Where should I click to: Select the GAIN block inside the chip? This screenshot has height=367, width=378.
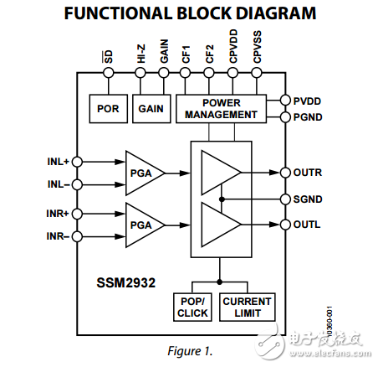pos(151,109)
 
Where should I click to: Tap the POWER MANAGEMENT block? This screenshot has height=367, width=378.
pos(221,109)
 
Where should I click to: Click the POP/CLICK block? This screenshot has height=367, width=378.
pos(192,307)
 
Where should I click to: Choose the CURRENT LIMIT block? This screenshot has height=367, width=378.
pos(248,307)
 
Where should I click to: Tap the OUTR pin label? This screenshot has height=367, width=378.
pos(308,173)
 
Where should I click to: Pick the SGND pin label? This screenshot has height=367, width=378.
pos(308,199)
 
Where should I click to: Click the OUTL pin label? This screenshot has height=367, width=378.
pos(307,225)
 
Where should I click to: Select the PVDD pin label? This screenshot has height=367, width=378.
pos(308,101)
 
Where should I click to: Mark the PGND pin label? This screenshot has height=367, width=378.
pos(308,117)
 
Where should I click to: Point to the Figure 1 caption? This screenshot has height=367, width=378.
pos(188,351)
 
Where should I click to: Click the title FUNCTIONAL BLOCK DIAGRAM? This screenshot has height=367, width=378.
pos(190,13)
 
